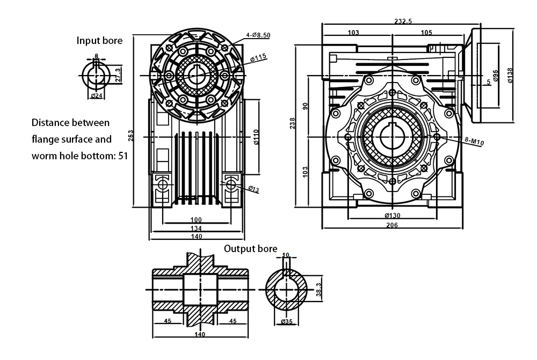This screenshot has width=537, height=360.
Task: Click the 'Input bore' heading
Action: coord(99,40)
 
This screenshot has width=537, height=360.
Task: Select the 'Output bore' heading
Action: coord(251,249)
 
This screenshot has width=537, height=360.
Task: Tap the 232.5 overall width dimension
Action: coord(403,21)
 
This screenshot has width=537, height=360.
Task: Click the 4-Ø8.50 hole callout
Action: coord(258,35)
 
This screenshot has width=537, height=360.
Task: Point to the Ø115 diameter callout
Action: coord(259,56)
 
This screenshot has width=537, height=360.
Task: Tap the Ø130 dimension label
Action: coord(392,216)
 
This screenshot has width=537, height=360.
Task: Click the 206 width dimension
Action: coord(392,225)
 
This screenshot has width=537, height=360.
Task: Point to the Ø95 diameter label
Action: coord(496,76)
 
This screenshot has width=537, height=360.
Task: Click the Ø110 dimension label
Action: coord(256,137)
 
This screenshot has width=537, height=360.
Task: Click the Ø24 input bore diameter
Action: coord(97,95)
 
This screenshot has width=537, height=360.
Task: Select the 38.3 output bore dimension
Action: coord(318,290)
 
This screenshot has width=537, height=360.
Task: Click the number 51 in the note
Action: coord(124,156)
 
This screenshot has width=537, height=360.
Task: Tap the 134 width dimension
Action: coord(195,228)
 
